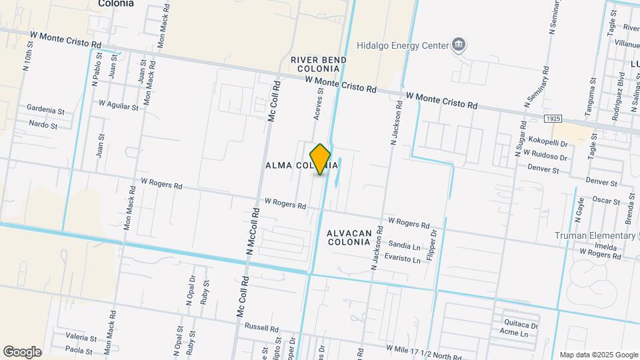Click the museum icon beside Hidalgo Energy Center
tap(459, 45)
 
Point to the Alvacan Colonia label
tap(348, 237)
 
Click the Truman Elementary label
tap(595, 235)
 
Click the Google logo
tap(22, 351)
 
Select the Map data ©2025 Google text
tap(598, 355)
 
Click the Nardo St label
tap(44, 124)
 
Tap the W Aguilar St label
tap(118, 105)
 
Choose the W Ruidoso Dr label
tap(545, 155)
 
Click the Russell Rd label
tap(261, 328)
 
